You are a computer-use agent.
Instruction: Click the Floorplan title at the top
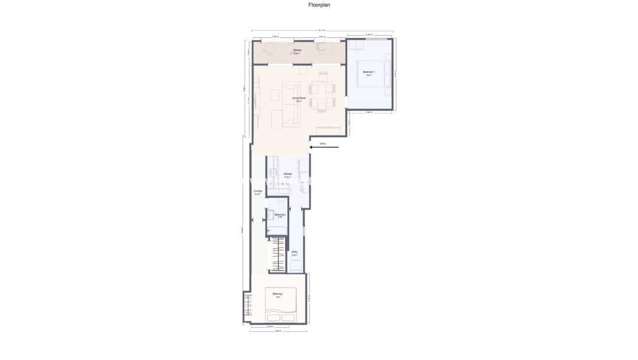point(319,5)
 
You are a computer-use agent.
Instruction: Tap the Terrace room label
point(297,51)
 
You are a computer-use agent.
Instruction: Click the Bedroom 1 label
point(368,72)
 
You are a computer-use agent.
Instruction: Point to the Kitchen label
point(288,174)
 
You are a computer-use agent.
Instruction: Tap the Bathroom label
point(279,215)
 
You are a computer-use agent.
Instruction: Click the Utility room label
point(294,252)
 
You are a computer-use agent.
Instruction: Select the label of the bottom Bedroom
point(278,295)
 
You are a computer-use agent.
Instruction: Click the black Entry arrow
point(324,148)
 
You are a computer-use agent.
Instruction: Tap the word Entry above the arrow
point(323,143)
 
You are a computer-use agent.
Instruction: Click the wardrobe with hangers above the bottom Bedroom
point(278,253)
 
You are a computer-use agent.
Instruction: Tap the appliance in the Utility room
point(296,266)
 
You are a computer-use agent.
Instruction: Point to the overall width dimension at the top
point(322,30)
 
